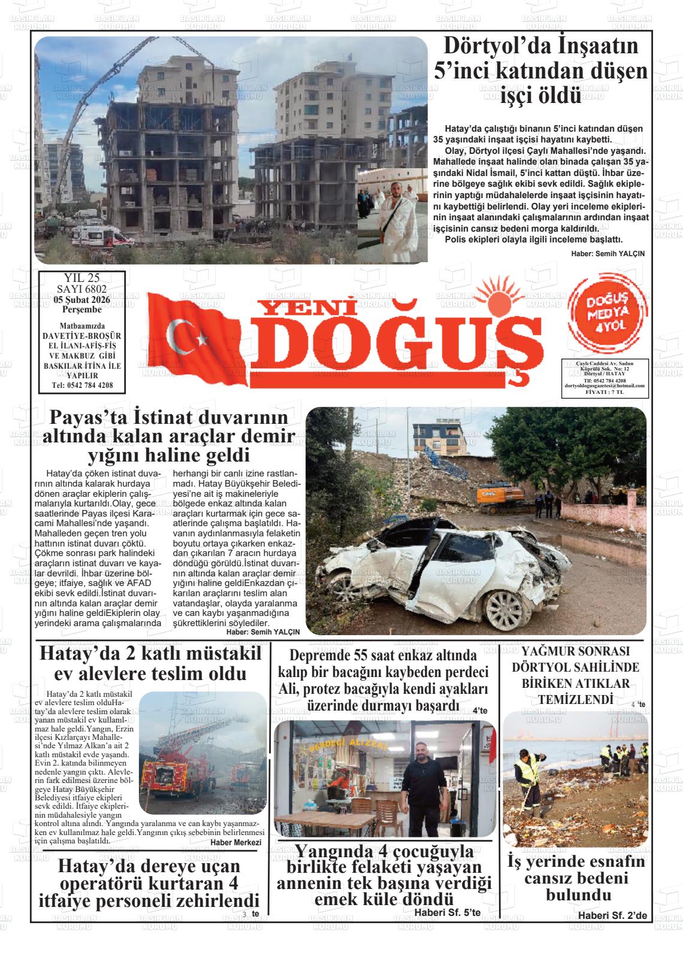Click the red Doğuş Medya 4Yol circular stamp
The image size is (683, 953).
click(x=607, y=314)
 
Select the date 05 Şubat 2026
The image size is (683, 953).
click(x=81, y=299)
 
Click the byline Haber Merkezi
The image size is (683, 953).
click(x=236, y=842)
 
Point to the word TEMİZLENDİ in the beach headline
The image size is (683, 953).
click(x=575, y=699)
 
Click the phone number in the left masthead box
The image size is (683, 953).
click(x=82, y=385)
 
